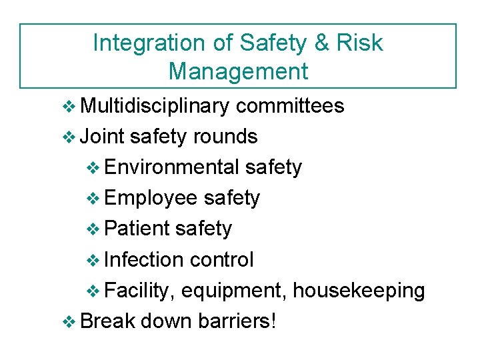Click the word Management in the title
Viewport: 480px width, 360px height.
[238, 71]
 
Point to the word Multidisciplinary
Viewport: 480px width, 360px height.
[154, 105]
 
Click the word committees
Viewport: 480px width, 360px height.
[290, 105]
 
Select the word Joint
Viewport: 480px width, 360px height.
[102, 137]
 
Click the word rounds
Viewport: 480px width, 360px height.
[225, 137]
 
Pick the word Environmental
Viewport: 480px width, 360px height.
[171, 167]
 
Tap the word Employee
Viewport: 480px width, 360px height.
[151, 198]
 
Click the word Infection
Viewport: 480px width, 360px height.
[144, 259]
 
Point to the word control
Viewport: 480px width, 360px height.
[221, 259]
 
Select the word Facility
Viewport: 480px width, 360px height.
[139, 291]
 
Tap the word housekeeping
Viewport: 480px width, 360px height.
[359, 291]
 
